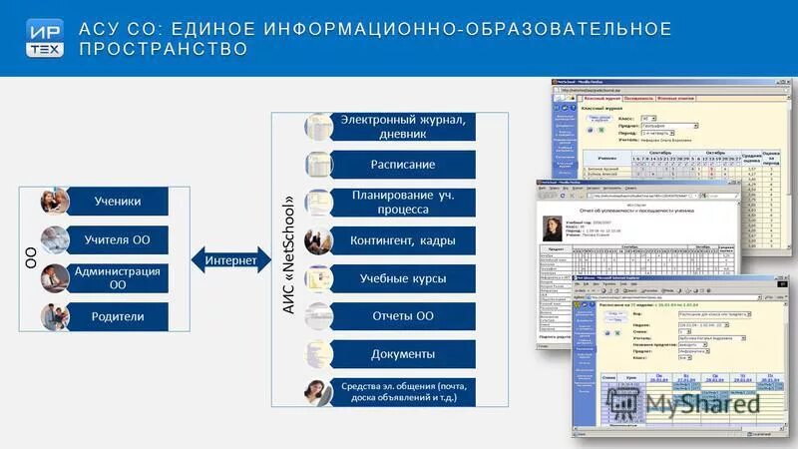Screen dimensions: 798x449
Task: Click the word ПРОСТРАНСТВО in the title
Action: click(164, 49)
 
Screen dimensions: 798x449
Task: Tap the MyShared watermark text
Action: click(702, 403)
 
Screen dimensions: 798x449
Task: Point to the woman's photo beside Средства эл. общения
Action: click(319, 392)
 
